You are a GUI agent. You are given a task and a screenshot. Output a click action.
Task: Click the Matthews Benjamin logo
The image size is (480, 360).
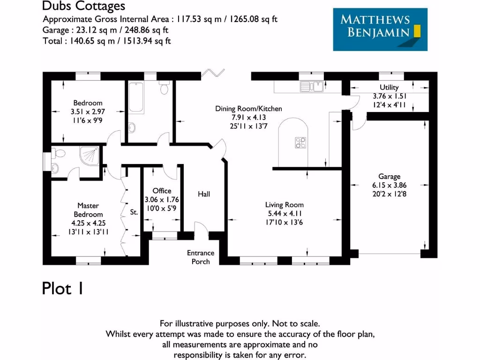point(380,29)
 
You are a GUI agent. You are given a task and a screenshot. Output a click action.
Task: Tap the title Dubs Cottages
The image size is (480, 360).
point(83,6)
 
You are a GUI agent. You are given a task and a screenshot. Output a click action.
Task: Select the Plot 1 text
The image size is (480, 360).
point(63,288)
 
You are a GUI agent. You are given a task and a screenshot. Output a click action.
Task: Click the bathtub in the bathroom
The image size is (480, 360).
point(137,97)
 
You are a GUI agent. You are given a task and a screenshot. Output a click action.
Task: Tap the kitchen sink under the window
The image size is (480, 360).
point(311,86)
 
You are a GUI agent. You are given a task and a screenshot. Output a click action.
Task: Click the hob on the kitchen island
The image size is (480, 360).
point(300,142)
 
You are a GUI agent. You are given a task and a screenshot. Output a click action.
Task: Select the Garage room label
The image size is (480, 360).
point(390,177)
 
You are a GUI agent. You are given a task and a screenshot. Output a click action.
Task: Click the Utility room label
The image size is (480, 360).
point(389,88)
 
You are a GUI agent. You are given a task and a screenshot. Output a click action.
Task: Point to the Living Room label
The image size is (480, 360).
point(284,205)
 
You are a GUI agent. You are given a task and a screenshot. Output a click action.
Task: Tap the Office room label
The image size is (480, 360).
point(162,191)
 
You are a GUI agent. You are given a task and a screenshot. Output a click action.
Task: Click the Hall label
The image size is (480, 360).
point(204,194)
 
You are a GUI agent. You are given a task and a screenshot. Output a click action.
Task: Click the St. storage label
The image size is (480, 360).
point(134,212)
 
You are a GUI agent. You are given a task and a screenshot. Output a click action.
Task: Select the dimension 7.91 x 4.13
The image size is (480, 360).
point(248,117)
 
